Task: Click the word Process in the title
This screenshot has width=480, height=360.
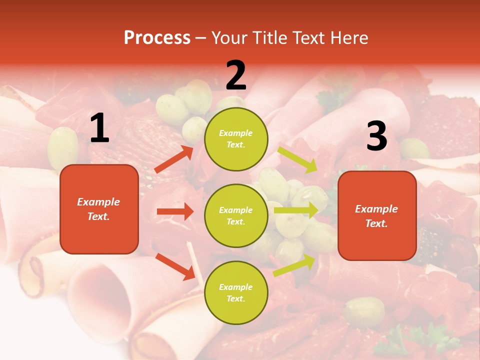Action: pos(157,38)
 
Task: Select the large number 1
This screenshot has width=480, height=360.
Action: pos(99,128)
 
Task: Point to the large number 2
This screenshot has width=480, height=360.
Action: pos(236,75)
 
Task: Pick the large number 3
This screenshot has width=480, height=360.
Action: pos(376,136)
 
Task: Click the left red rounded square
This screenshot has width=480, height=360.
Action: pos(99,209)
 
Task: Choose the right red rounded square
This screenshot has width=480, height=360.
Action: pos(377,215)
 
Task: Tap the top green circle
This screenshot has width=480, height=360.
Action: pos(236,139)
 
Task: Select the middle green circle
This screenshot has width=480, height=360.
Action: pos(236,215)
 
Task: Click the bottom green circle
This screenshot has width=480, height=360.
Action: pos(236,292)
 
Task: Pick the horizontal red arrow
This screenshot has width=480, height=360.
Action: pos(175,211)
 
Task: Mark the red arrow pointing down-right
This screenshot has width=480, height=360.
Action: pos(175,266)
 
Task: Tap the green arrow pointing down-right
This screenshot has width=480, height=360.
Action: pos(297,159)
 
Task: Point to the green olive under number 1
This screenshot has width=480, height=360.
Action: pos(63,147)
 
